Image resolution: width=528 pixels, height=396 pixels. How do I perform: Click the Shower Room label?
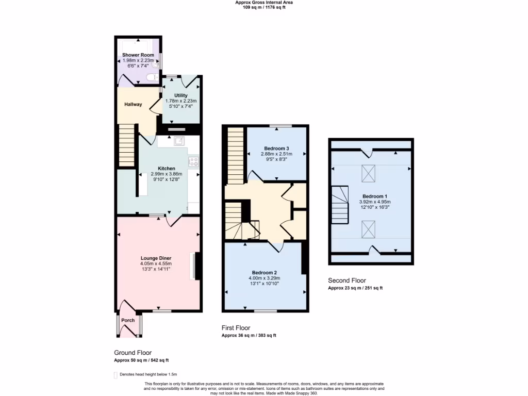[138, 55]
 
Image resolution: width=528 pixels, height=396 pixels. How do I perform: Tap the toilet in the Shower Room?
[152, 78]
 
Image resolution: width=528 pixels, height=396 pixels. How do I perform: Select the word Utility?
[180, 95]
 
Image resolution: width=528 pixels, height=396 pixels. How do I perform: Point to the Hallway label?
[133, 104]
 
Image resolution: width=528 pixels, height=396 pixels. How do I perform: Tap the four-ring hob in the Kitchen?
[194, 162]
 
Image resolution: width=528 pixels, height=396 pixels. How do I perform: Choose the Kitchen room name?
[167, 168]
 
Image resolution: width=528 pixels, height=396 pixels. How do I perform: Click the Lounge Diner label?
[156, 258]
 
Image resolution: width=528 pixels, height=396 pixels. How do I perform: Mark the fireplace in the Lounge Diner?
[195, 266]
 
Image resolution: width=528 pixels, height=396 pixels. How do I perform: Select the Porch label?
[128, 320]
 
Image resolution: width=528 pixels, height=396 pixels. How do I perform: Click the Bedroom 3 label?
[276, 148]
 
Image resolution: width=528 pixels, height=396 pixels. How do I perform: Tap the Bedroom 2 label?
[265, 272]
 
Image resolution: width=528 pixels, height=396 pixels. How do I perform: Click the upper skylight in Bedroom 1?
[369, 173]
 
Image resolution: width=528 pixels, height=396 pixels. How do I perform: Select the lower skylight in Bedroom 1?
[369, 228]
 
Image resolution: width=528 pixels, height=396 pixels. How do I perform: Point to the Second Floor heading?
[347, 280]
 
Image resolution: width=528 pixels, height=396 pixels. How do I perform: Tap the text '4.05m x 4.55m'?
[156, 263]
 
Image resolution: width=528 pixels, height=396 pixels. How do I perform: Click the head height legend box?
[115, 375]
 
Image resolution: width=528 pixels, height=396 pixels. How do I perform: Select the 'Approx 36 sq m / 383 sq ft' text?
[249, 335]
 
